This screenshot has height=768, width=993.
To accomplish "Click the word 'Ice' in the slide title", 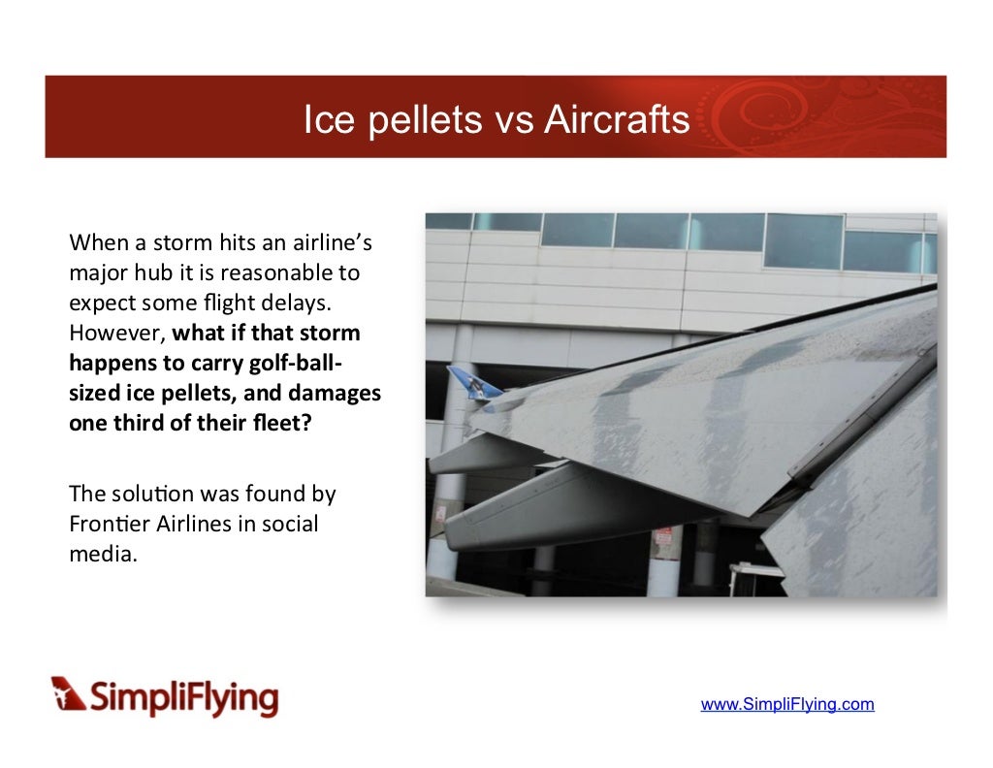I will [x=324, y=120].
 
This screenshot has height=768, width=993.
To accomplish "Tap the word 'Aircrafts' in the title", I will [x=617, y=120].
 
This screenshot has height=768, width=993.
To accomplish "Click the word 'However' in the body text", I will [x=116, y=333].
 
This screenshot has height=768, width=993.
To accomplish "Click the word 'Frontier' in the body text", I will [x=109, y=524].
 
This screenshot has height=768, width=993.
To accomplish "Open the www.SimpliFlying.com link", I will [x=787, y=704].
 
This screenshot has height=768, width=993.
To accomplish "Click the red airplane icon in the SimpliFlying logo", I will [x=68, y=693].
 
